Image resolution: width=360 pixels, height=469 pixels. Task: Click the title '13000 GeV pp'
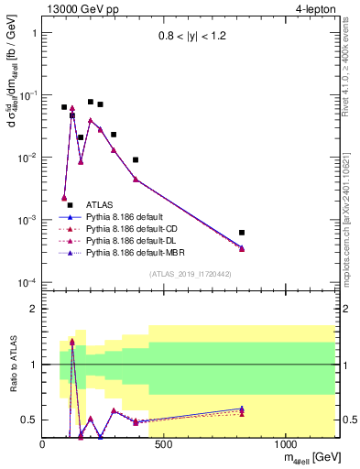[x=78, y=8]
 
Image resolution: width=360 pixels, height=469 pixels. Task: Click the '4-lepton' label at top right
[x=318, y=8]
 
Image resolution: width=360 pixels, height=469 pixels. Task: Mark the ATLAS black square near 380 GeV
[x=136, y=160]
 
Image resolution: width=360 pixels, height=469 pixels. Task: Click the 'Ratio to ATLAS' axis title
[x=11, y=365]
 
